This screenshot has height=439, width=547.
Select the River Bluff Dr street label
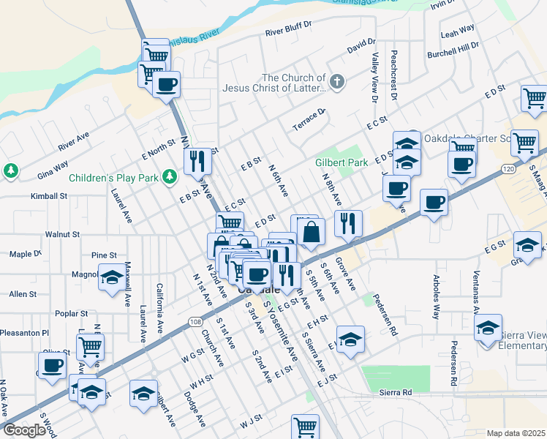293,32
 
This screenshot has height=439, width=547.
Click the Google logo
24,430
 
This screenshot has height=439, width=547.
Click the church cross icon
336,81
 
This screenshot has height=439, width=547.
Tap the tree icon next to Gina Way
10,171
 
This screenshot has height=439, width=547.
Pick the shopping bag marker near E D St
311,233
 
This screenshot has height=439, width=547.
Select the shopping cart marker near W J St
305,426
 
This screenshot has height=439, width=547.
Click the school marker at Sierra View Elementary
487,329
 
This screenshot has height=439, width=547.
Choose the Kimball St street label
49,197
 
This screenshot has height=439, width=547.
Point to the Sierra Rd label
396,393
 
